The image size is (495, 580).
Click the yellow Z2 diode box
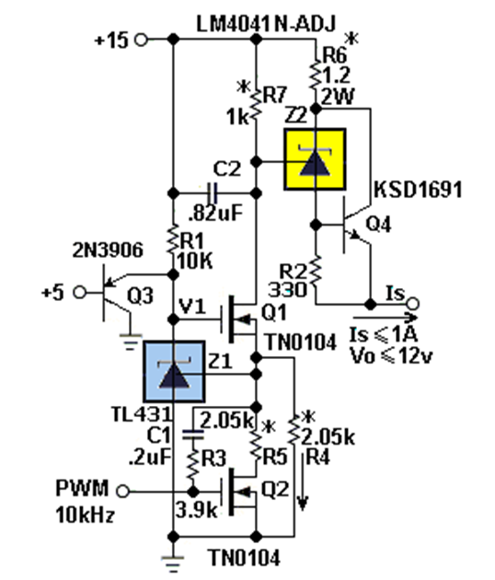click(x=315, y=159)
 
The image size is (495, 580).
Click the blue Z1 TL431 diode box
click(x=174, y=371)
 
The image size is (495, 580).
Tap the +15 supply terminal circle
click(x=141, y=40)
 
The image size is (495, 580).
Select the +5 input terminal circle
click(x=79, y=293)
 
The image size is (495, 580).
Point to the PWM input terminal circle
click(x=122, y=492)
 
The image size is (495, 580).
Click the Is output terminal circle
click(x=413, y=304)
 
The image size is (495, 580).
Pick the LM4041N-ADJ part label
click(x=266, y=24)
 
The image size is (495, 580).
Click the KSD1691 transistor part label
click(x=418, y=190)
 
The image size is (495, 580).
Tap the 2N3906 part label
click(x=108, y=250)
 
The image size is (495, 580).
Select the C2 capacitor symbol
click(x=213, y=192)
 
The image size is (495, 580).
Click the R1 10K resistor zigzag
click(x=173, y=239)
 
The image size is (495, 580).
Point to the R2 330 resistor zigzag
click(x=316, y=272)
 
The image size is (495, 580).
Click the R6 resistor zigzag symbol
click(x=316, y=75)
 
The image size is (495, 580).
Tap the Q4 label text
click(x=378, y=224)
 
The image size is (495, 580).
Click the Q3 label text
click(x=140, y=296)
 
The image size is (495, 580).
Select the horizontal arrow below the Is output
click(x=386, y=318)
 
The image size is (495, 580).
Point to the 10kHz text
click(x=85, y=514)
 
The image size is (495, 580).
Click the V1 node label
click(x=192, y=307)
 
